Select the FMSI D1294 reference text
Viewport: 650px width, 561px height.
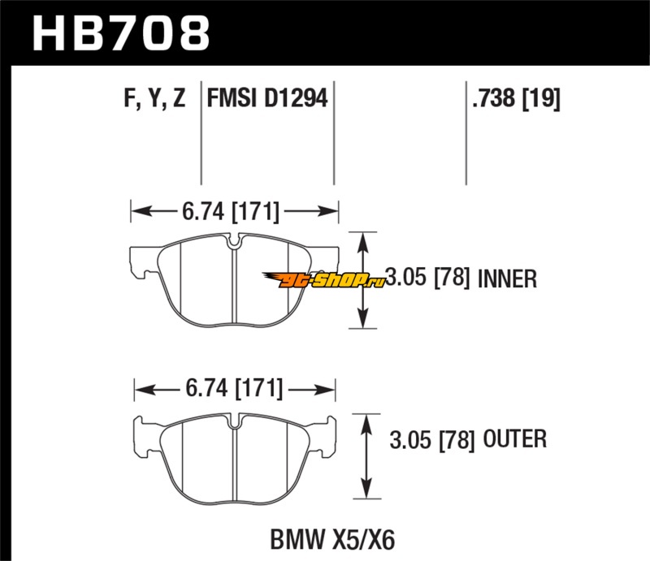coord(267,99)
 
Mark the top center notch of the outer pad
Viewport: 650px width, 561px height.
coord(234,422)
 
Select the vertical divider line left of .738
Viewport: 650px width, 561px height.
coord(466,134)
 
